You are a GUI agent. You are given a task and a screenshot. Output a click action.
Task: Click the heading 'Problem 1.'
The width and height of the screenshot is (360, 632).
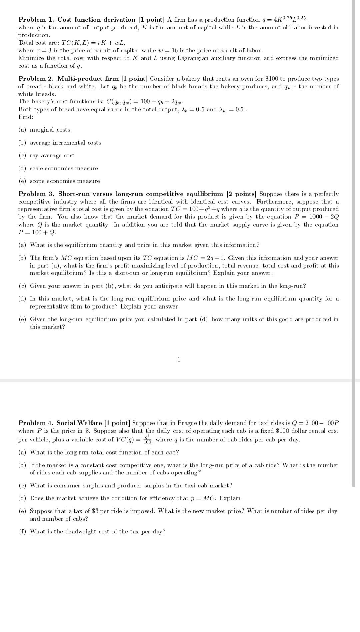pyautogui.click(x=36, y=20)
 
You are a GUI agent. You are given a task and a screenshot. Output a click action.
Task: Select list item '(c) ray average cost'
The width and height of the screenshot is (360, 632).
pyautogui.click(x=47, y=156)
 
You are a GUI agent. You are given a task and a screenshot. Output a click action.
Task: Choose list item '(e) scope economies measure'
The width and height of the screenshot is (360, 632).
pyautogui.click(x=59, y=181)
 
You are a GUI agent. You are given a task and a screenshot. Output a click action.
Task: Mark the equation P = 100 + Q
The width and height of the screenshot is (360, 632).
pyautogui.click(x=37, y=232)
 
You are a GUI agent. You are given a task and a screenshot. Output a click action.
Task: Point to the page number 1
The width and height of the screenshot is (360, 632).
pyautogui.click(x=179, y=359)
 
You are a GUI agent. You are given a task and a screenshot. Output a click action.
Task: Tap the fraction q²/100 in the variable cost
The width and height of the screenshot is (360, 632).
pyautogui.click(x=147, y=439)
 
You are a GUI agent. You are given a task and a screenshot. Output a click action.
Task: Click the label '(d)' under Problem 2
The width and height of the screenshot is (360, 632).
pyautogui.click(x=22, y=169)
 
